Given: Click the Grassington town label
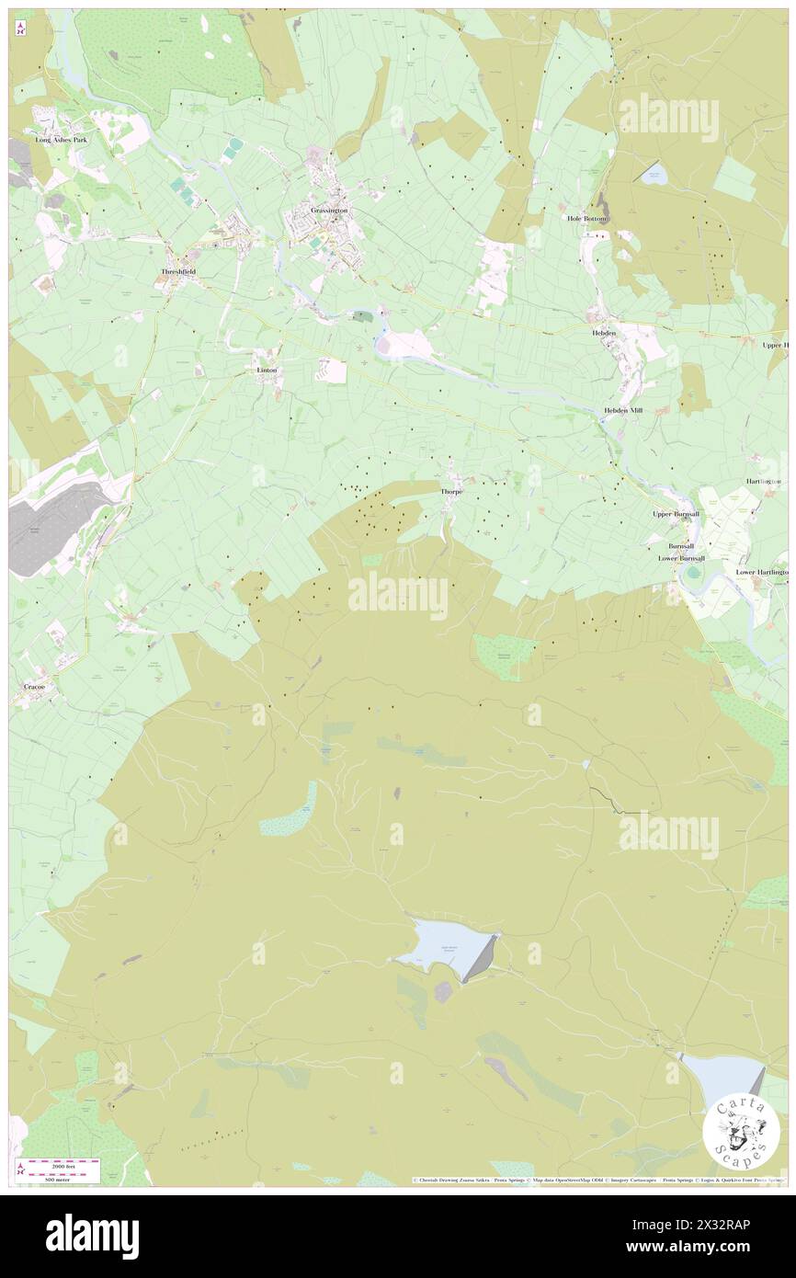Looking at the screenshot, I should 329,211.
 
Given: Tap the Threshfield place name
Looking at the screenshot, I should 179,272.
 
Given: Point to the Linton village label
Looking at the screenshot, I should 265,370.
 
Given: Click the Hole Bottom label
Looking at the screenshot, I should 587,219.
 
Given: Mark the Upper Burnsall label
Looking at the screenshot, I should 676,514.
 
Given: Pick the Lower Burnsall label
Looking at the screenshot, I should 681,558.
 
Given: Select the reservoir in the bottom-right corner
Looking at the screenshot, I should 722,1073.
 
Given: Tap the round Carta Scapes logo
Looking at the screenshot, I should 741,1133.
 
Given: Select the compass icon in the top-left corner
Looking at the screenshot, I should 20,29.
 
